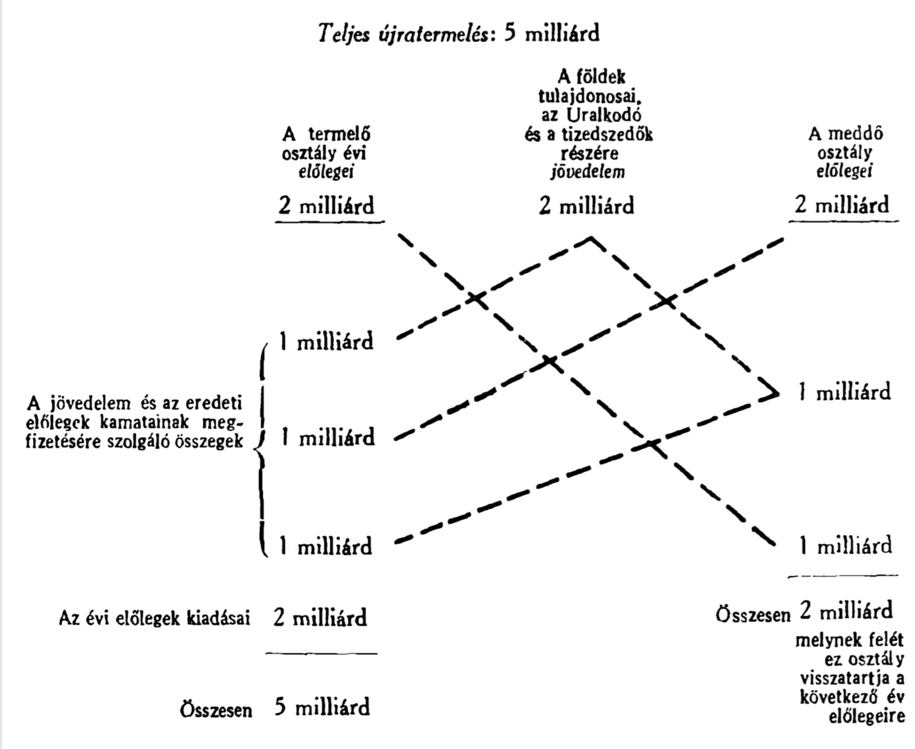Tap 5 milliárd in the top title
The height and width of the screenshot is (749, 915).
click(x=551, y=34)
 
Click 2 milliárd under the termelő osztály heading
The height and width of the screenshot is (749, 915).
click(x=326, y=206)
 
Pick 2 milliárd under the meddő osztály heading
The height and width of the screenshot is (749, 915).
click(x=841, y=205)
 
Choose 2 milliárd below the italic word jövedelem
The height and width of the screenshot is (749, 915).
click(x=586, y=206)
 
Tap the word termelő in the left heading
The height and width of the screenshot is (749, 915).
click(x=339, y=134)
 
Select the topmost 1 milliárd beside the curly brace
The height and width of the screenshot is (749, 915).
click(x=326, y=342)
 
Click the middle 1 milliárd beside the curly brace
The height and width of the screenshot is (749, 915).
click(x=328, y=437)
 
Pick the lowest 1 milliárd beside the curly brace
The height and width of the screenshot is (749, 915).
click(x=326, y=546)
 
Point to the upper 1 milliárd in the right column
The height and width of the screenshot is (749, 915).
click(x=845, y=392)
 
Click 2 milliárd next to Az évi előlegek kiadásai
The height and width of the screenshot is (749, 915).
click(x=320, y=617)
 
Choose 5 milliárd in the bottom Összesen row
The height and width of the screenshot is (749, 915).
click(x=322, y=707)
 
